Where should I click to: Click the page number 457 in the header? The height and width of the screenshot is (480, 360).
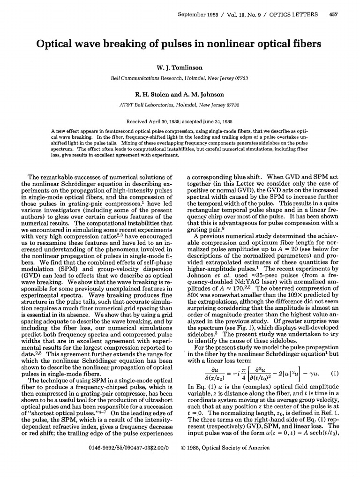click(334, 14)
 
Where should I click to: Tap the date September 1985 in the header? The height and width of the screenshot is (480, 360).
click(199, 14)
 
